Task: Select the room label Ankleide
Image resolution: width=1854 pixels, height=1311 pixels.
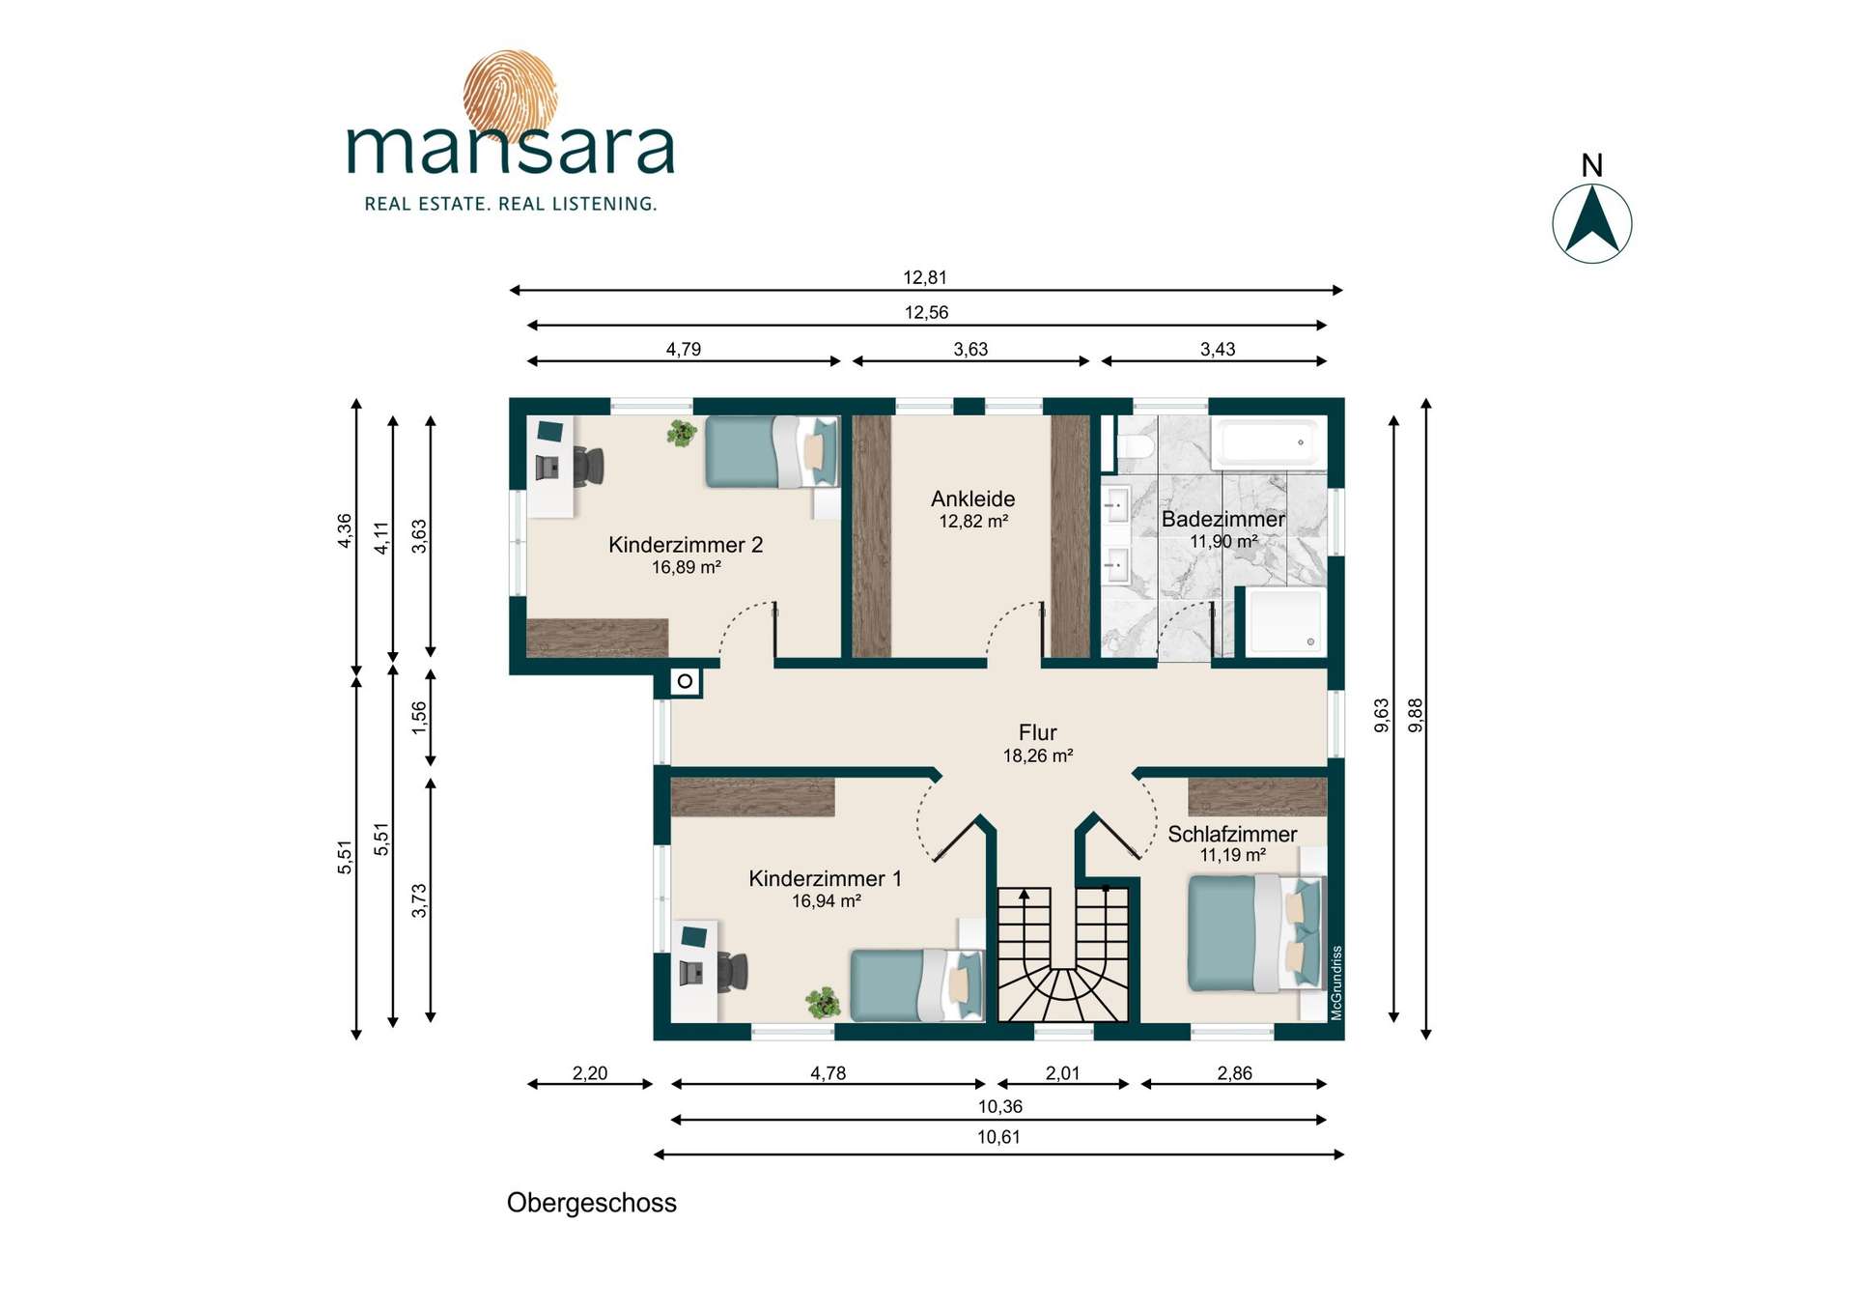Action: (x=972, y=499)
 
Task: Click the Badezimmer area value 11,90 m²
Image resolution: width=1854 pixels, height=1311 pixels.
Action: (x=1223, y=541)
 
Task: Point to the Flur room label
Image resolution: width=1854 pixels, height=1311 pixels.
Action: (x=1037, y=732)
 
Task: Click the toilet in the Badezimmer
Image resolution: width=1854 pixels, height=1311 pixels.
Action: (x=1134, y=447)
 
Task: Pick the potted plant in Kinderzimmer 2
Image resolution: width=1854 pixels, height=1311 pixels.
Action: (x=682, y=433)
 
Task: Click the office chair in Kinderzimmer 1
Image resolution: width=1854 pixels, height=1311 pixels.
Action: (x=732, y=972)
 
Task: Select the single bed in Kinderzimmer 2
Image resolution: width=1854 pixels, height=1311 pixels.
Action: (x=772, y=451)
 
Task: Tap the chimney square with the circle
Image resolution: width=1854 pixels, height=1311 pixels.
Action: (x=685, y=681)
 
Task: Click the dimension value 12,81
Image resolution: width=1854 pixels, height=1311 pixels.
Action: (x=924, y=277)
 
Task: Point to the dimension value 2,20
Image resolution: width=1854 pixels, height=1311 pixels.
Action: (x=590, y=1072)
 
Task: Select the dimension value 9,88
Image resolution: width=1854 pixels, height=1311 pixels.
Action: (x=1416, y=715)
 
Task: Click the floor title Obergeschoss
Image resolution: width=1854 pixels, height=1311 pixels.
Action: (x=591, y=1203)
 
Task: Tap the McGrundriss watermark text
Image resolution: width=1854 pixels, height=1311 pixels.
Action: (x=1336, y=983)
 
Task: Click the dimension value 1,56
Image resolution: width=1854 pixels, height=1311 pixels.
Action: (x=418, y=717)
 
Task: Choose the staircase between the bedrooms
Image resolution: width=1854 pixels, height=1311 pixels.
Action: (x=1062, y=954)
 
